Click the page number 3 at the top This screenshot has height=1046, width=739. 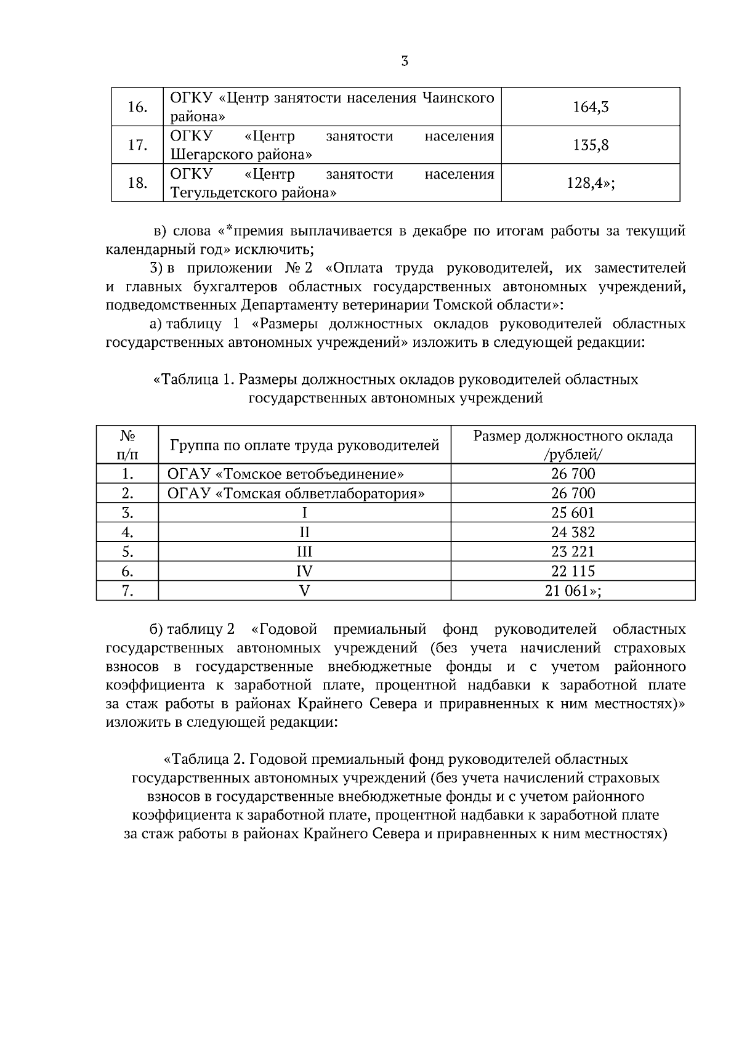click(x=404, y=61)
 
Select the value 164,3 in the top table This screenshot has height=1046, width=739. click(x=590, y=107)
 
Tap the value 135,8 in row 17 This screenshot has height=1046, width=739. click(x=590, y=145)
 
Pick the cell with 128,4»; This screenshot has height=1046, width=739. click(x=590, y=183)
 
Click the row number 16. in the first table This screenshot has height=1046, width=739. click(x=137, y=107)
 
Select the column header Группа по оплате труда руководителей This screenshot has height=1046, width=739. click(x=304, y=445)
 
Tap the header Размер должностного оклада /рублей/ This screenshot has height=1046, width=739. click(x=573, y=445)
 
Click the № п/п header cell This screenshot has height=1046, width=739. click(x=127, y=445)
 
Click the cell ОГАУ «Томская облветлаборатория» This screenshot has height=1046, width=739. click(x=296, y=493)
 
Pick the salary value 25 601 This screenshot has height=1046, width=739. click(x=573, y=513)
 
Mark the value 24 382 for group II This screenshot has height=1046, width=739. click(x=573, y=532)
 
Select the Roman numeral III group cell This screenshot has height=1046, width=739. click(x=304, y=551)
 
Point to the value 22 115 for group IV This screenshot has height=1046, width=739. click(x=573, y=571)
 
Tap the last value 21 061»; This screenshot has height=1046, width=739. click(x=573, y=591)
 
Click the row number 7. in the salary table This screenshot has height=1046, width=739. click(x=127, y=591)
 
